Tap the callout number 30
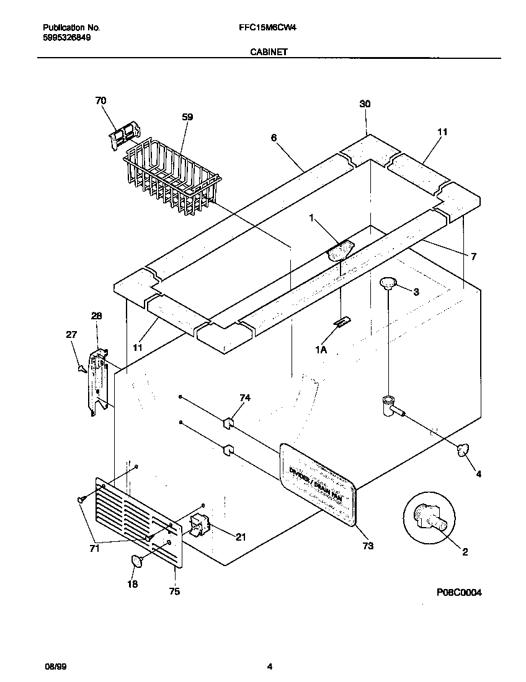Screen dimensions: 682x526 [365, 105]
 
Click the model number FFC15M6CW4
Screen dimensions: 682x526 [262, 28]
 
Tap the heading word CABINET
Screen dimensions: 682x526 [268, 53]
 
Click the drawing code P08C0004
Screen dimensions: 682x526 [459, 593]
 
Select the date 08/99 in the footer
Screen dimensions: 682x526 [55, 666]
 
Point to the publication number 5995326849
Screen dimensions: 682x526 [68, 38]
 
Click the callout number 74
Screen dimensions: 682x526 [245, 399]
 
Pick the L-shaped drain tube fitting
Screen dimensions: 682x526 [390, 406]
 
